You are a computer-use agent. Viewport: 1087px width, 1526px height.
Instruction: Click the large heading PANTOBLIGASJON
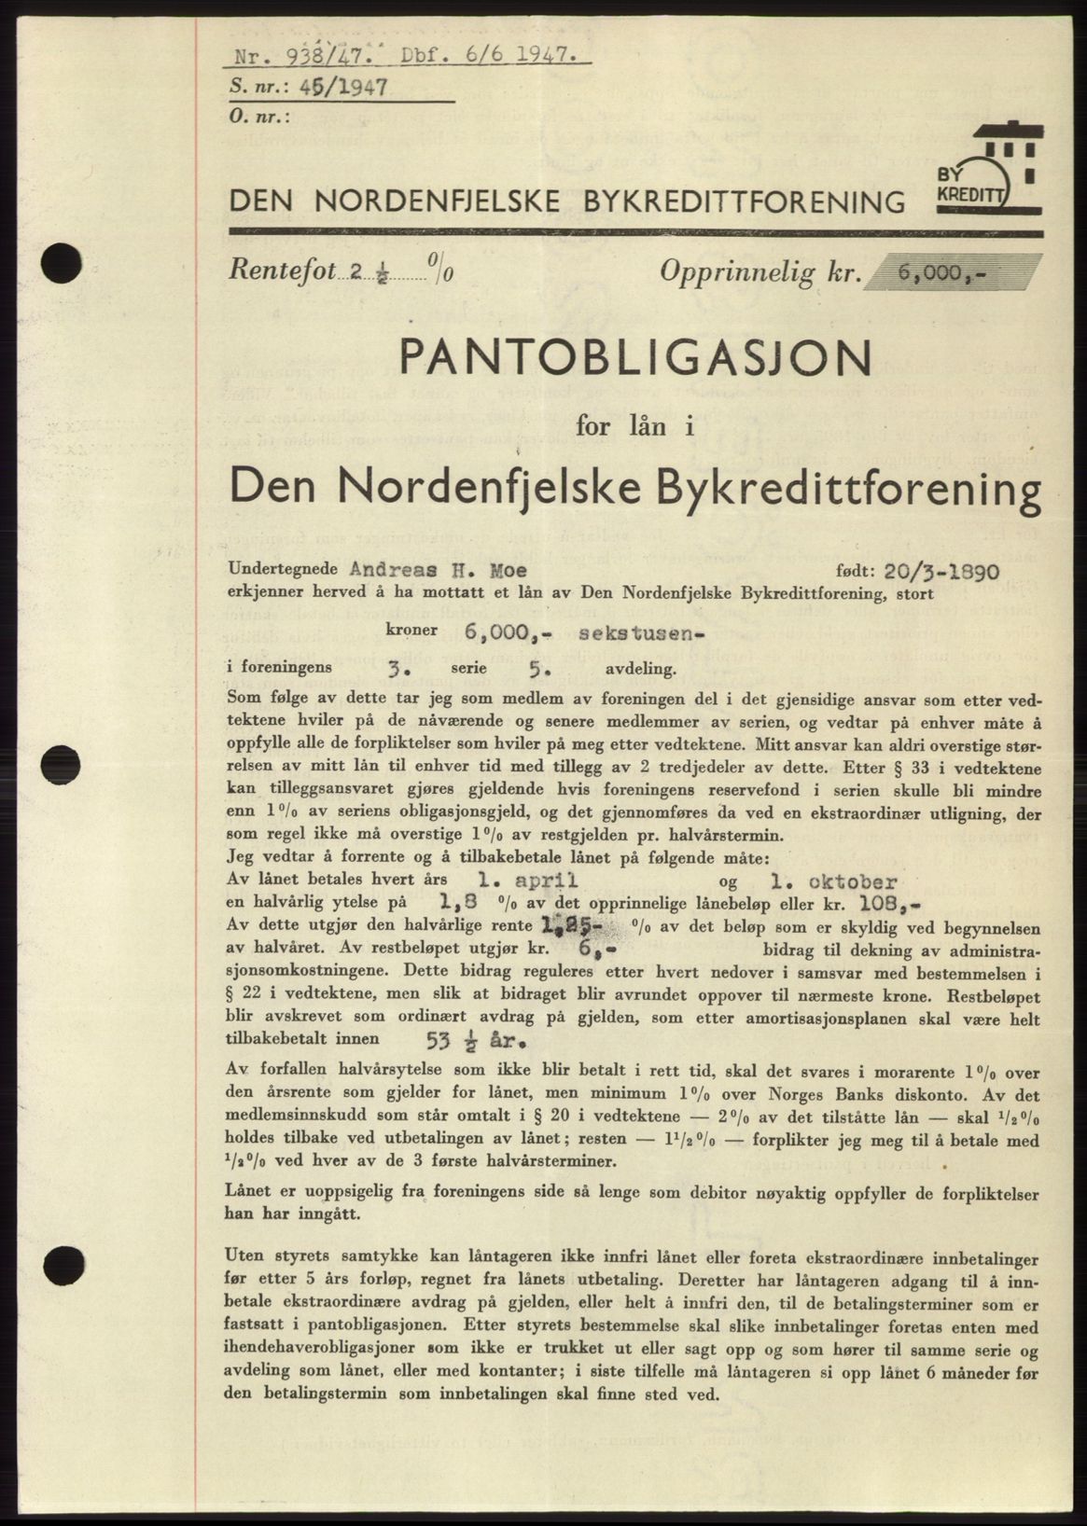click(x=635, y=357)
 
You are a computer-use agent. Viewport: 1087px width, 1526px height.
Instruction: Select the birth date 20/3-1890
click(x=942, y=569)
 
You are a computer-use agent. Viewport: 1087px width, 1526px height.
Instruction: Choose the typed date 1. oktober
click(x=823, y=881)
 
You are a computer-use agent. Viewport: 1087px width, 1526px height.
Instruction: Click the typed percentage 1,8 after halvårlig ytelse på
click(x=461, y=903)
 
